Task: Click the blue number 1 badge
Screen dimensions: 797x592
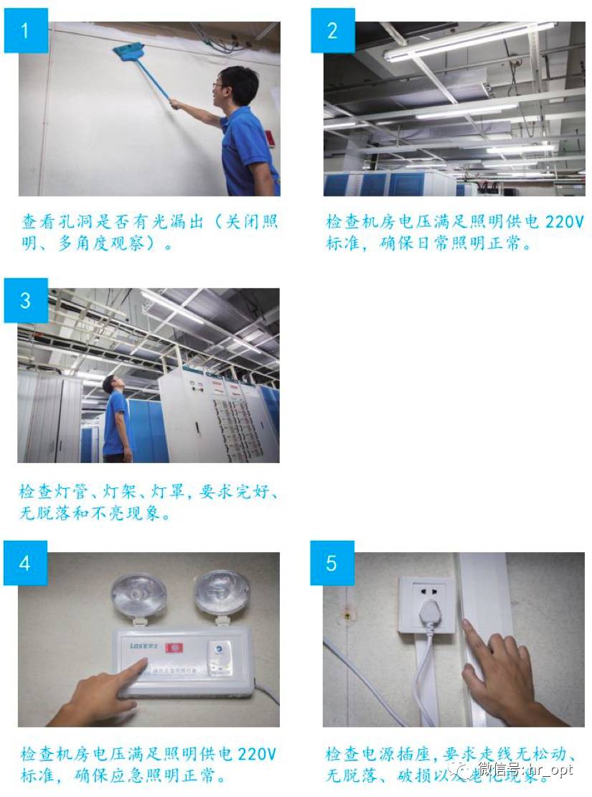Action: pyautogui.click(x=26, y=31)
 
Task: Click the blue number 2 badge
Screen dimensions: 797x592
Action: pyautogui.click(x=332, y=31)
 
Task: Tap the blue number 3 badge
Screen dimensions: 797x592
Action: pyautogui.click(x=26, y=300)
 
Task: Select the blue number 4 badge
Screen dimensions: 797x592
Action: pyautogui.click(x=26, y=563)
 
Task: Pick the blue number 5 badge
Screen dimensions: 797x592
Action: pyautogui.click(x=332, y=563)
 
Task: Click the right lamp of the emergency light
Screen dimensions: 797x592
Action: pyautogui.click(x=222, y=592)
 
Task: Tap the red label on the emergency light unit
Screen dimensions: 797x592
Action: pyautogui.click(x=174, y=648)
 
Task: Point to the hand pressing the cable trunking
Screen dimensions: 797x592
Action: pyautogui.click(x=495, y=671)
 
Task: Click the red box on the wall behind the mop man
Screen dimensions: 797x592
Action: pyautogui.click(x=271, y=139)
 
